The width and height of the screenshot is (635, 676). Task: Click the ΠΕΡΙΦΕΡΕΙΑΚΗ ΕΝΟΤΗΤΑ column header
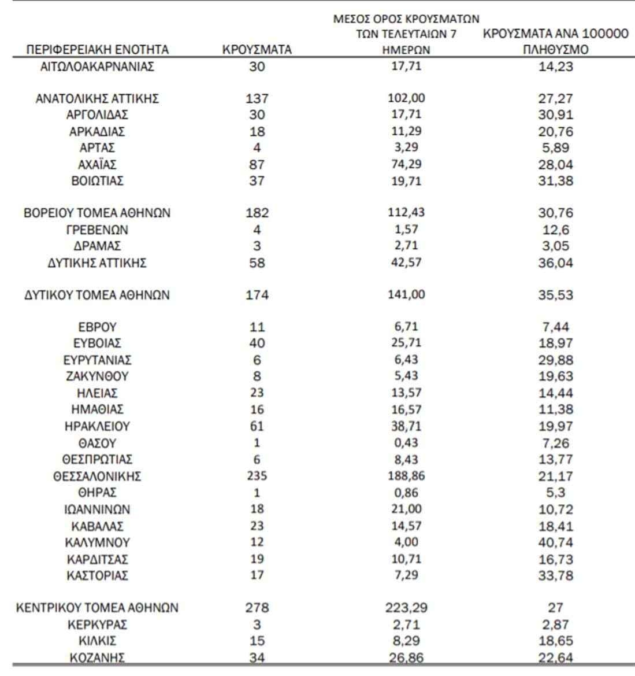click(x=97, y=49)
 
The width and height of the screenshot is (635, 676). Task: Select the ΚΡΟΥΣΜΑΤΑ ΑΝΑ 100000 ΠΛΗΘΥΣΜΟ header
click(x=555, y=41)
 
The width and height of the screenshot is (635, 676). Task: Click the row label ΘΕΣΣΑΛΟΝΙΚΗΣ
click(x=97, y=476)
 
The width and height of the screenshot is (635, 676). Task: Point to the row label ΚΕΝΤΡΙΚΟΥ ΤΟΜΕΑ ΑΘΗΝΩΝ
click(x=97, y=608)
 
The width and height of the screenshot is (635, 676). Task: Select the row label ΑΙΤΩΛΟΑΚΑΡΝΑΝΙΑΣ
click(x=97, y=66)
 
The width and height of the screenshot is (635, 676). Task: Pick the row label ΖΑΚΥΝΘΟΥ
click(x=97, y=376)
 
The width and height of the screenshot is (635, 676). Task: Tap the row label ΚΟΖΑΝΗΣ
click(x=97, y=657)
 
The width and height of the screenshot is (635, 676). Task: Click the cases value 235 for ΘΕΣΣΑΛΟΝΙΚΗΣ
click(x=257, y=476)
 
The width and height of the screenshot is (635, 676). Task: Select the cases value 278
click(x=257, y=608)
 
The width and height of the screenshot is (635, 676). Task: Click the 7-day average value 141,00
click(x=406, y=294)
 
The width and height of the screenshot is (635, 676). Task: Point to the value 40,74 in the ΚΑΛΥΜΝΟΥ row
click(x=555, y=542)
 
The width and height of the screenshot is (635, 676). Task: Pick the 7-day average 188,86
click(x=406, y=476)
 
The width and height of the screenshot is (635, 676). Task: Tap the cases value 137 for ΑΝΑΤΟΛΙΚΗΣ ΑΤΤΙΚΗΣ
click(x=257, y=98)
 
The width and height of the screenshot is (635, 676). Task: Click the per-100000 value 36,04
click(x=555, y=263)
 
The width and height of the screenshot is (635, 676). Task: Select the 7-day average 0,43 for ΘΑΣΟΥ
click(x=406, y=443)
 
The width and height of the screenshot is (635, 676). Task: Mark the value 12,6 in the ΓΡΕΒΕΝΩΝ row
click(x=555, y=230)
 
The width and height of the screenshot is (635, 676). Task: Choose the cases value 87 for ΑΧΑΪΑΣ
click(x=257, y=164)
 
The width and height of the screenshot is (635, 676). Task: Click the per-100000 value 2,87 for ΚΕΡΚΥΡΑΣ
click(x=555, y=625)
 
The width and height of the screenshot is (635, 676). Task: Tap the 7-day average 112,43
click(x=406, y=212)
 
